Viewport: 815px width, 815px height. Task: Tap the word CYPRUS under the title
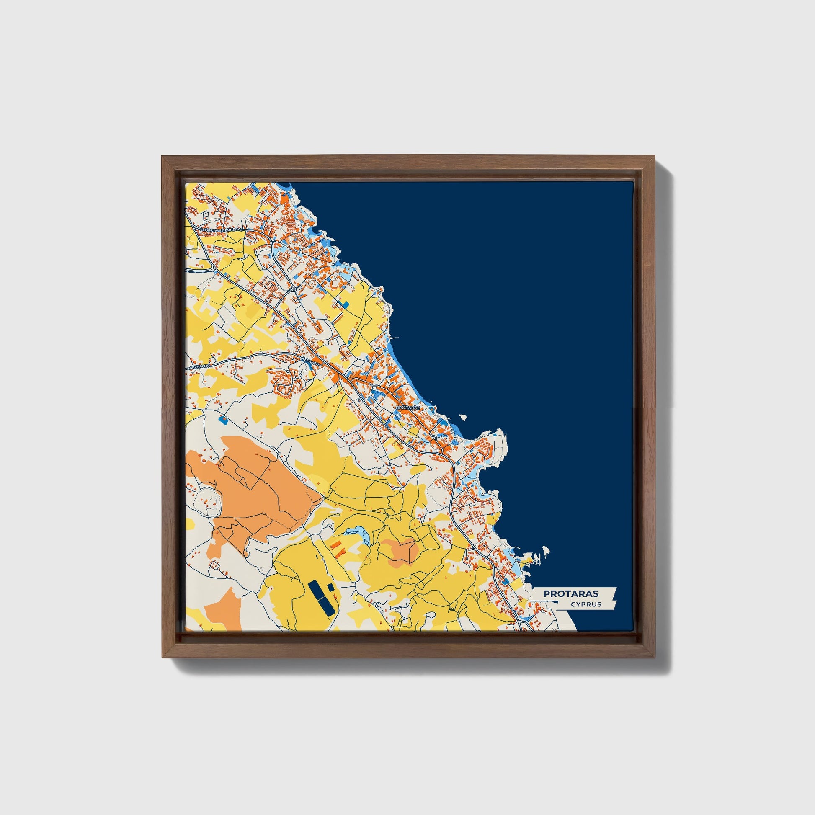[x=586, y=604]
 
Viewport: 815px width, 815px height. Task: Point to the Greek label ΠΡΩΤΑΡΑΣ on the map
[x=407, y=408]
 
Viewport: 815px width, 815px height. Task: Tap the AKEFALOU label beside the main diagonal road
[x=310, y=360]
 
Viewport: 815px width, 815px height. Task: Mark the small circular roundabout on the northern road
[x=293, y=289]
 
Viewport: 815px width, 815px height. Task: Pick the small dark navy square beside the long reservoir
[x=331, y=587]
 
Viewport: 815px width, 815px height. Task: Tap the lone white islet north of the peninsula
[x=463, y=417]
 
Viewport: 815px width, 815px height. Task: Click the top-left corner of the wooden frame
[x=162, y=157]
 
